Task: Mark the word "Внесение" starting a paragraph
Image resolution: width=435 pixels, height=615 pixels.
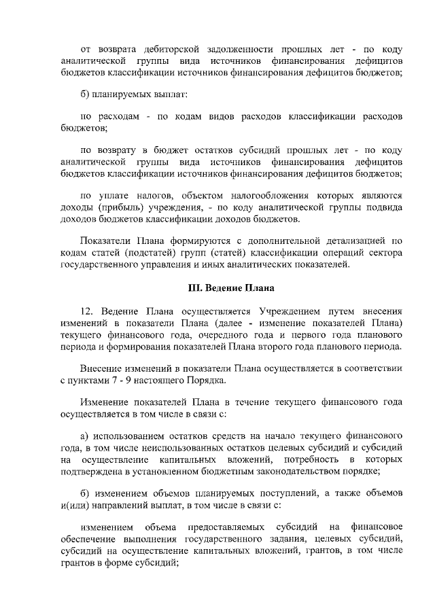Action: click(101, 368)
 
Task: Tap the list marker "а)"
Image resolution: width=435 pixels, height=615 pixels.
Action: click(86, 434)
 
